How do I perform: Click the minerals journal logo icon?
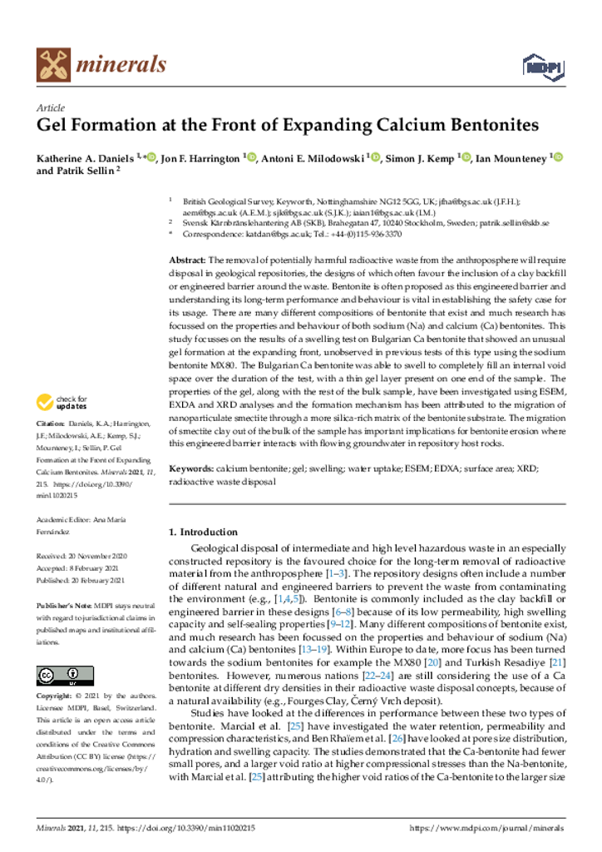pos(52,64)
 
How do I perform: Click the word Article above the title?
pos(52,109)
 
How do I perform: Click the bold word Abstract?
pos(187,260)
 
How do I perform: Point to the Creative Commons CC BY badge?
pos(65,675)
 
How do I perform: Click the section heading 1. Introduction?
pos(203,532)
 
